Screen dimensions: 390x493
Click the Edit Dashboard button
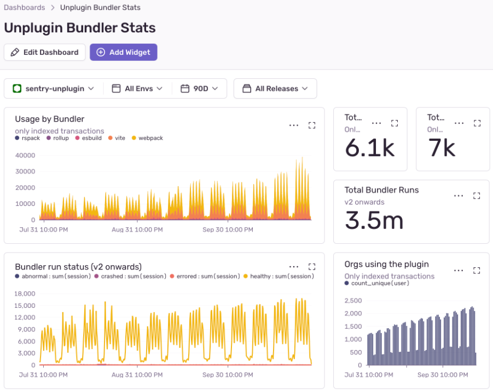pyautogui.click(x=44, y=52)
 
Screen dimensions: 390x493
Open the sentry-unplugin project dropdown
pyautogui.click(x=54, y=88)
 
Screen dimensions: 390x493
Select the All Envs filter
pyautogui.click(x=137, y=88)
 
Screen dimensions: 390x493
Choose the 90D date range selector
pyautogui.click(x=199, y=88)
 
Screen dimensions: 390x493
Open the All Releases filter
pyautogui.click(x=275, y=88)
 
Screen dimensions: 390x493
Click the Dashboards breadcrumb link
pyautogui.click(x=24, y=8)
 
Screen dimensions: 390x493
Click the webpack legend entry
pyautogui.click(x=150, y=138)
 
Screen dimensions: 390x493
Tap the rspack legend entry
pyautogui.click(x=31, y=138)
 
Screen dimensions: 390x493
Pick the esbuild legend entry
pyautogui.click(x=91, y=138)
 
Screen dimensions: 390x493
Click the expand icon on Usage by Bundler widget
pyautogui.click(x=312, y=125)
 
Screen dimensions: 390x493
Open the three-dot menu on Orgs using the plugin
pyautogui.click(x=459, y=270)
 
